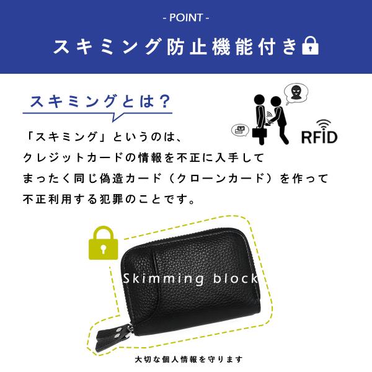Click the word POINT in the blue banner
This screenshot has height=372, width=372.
pos(185,17)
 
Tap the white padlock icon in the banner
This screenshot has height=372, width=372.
pos(309,46)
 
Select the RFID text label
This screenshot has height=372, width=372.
pos(319,135)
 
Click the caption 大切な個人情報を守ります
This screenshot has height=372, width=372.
pos(188,359)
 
